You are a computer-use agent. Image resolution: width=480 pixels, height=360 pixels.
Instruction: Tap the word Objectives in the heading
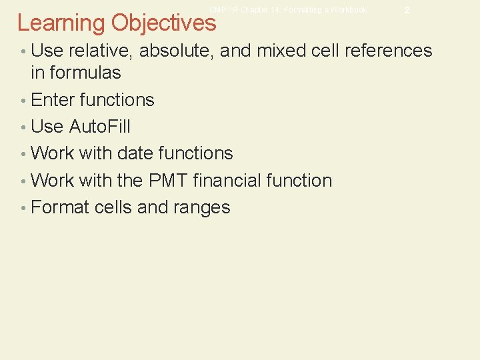click(x=164, y=23)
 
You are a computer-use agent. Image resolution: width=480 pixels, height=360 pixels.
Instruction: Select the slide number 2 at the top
click(x=407, y=11)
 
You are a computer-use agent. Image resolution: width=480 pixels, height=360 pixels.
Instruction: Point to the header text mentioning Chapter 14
click(x=288, y=10)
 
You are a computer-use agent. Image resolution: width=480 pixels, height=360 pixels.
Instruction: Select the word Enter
click(x=53, y=100)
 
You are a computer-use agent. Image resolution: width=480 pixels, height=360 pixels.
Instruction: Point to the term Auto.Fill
click(x=99, y=127)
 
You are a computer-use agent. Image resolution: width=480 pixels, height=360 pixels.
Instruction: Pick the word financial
click(x=226, y=181)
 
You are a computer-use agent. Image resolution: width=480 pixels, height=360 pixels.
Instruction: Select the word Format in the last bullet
click(x=61, y=207)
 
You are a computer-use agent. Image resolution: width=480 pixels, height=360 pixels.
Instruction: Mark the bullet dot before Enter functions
click(x=23, y=101)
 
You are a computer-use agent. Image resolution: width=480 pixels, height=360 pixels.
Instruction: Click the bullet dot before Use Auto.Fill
click(x=23, y=127)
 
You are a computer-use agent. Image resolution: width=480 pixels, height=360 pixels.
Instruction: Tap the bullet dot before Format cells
click(x=23, y=208)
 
